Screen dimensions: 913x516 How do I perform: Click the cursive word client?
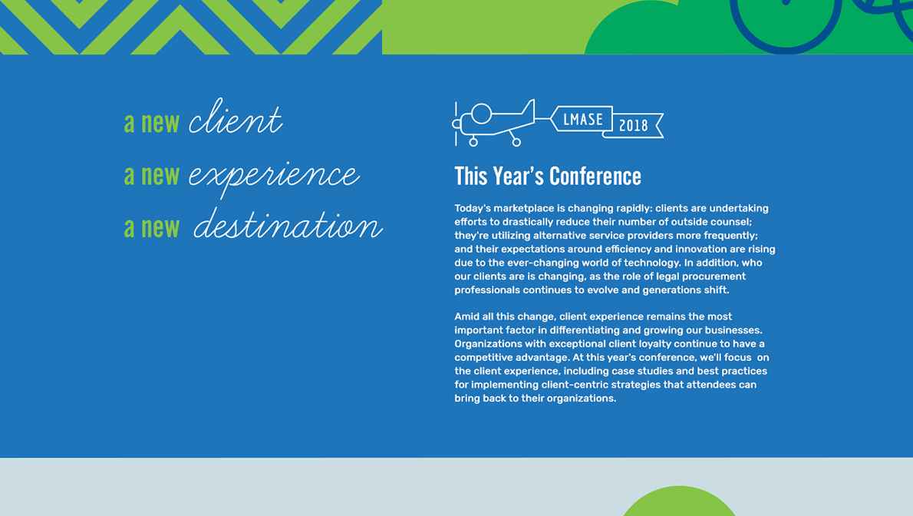point(236,117)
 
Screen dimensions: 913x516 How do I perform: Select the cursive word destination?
point(288,224)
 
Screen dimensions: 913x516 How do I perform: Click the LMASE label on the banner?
point(583,120)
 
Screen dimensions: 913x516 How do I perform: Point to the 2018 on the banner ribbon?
point(633,125)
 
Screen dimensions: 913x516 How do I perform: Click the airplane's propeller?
point(456,124)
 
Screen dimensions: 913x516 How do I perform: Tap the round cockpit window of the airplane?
point(482,114)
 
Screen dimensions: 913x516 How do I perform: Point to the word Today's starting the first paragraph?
point(472,208)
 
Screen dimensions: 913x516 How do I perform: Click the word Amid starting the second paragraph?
point(467,316)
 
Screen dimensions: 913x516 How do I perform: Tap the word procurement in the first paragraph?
point(714,276)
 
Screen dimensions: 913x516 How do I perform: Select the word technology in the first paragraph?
point(651,263)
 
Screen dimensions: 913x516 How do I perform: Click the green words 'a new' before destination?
point(152,227)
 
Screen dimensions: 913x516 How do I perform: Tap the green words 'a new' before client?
point(152,122)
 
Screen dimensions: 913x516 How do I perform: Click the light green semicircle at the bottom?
point(679,503)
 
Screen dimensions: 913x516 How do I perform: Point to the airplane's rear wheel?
point(516,142)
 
